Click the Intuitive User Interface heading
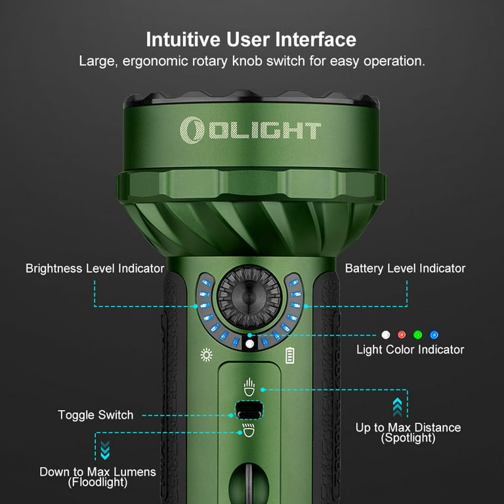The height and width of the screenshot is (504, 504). click(x=251, y=39)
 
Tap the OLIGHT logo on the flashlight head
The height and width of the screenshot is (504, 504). click(x=251, y=129)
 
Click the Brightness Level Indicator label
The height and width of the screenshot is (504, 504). click(x=95, y=268)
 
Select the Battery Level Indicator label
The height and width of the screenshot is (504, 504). click(x=405, y=268)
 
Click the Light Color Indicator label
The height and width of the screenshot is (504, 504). click(x=410, y=350)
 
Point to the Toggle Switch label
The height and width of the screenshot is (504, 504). click(x=96, y=415)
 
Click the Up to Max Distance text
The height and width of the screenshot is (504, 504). click(x=408, y=428)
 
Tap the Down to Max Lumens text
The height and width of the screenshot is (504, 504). click(x=98, y=472)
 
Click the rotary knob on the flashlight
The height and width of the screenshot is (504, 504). click(x=249, y=296)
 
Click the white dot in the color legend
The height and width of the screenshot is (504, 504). click(x=386, y=335)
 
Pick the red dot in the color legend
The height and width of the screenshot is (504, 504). click(x=402, y=335)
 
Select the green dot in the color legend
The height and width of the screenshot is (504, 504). click(x=417, y=335)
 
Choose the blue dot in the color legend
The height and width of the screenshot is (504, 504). click(x=434, y=335)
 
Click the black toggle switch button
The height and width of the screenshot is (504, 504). click(x=249, y=410)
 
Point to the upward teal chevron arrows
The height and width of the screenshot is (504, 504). click(x=397, y=407)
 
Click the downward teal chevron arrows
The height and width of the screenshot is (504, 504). click(x=105, y=450)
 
